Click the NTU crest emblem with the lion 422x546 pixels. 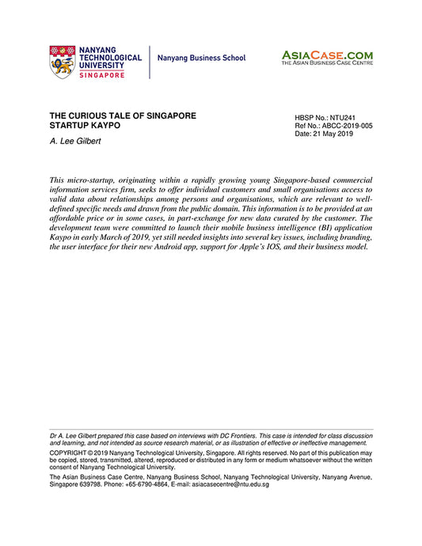(x=62, y=60)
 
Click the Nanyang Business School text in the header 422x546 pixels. (x=201, y=59)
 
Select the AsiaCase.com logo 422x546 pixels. (x=327, y=55)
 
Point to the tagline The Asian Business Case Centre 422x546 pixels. (x=327, y=63)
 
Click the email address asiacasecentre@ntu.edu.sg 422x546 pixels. (x=235, y=484)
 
